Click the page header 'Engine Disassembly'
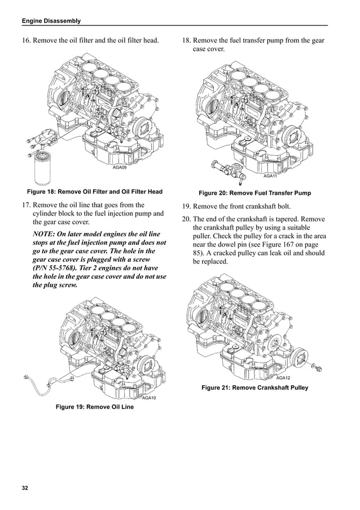click(51, 21)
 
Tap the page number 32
click(25, 487)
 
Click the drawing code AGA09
click(120, 168)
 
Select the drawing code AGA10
click(148, 398)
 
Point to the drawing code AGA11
click(270, 176)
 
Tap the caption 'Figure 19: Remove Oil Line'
click(94, 407)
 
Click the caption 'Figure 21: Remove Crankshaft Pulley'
click(254, 388)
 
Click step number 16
click(26, 40)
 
